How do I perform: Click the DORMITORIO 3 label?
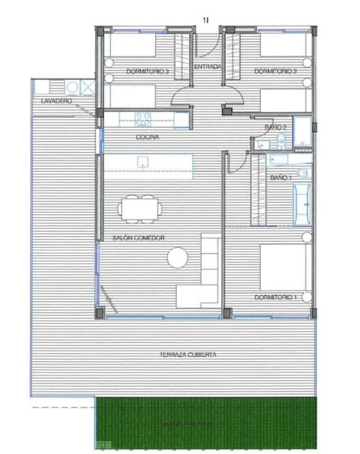pyautogui.click(x=147, y=71)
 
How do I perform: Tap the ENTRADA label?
pyautogui.click(x=207, y=67)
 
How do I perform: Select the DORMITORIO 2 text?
pyautogui.click(x=275, y=71)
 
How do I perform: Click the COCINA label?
pyautogui.click(x=147, y=137)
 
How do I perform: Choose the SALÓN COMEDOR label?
pyautogui.click(x=138, y=238)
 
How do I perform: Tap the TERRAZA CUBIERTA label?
pyautogui.click(x=188, y=355)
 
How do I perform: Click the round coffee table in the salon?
pyautogui.click(x=177, y=258)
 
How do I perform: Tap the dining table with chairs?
pyautogui.click(x=140, y=208)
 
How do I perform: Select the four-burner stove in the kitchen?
pyautogui.click(x=143, y=119)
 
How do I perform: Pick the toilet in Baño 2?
pyautogui.click(x=281, y=141)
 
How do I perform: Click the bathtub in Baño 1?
pyautogui.click(x=302, y=204)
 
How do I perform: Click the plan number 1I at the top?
pyautogui.click(x=205, y=21)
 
